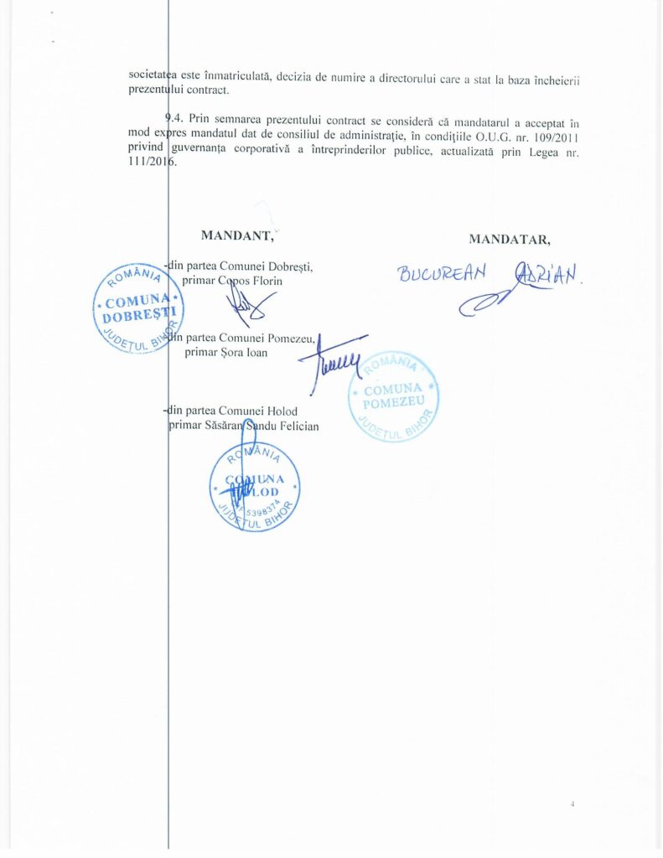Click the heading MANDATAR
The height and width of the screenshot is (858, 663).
coord(510,239)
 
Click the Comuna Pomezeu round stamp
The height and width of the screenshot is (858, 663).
coord(393,396)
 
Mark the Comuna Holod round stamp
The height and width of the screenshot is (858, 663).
coord(254,486)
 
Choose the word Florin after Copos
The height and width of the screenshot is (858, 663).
coord(267,281)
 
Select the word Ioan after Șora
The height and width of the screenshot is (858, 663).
coord(256,353)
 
